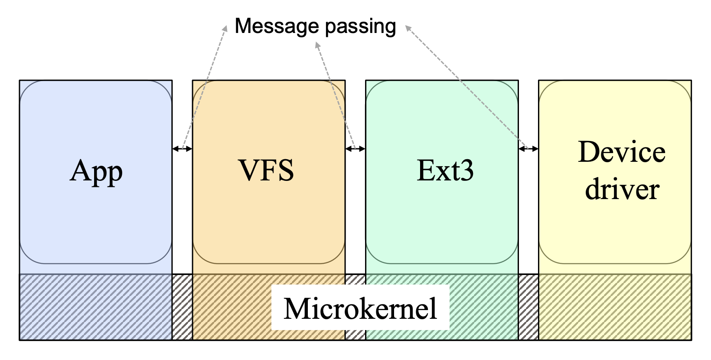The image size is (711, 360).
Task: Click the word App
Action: pyautogui.click(x=96, y=172)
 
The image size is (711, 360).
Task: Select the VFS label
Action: pyautogui.click(x=266, y=170)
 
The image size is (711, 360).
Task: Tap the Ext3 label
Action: pyautogui.click(x=445, y=170)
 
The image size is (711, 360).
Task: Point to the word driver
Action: pyautogui.click(x=622, y=189)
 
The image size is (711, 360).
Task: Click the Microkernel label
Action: pyautogui.click(x=360, y=308)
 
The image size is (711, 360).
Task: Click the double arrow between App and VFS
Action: pyautogui.click(x=182, y=149)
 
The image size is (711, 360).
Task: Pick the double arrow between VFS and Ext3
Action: pyautogui.click(x=355, y=149)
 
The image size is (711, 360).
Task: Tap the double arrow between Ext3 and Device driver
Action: pyautogui.click(x=528, y=149)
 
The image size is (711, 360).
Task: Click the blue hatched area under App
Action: pyautogui.click(x=96, y=307)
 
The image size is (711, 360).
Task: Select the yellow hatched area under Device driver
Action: pyautogui.click(x=615, y=307)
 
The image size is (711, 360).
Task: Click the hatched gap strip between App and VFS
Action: pyautogui.click(x=182, y=307)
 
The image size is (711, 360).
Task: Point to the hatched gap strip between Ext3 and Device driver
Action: pyautogui.click(x=528, y=307)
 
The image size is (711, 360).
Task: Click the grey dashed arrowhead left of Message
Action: pyautogui.click(x=225, y=28)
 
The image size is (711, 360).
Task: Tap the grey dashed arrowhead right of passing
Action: pyautogui.click(x=408, y=28)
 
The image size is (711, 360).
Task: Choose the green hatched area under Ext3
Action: pyautogui.click(x=483, y=307)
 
